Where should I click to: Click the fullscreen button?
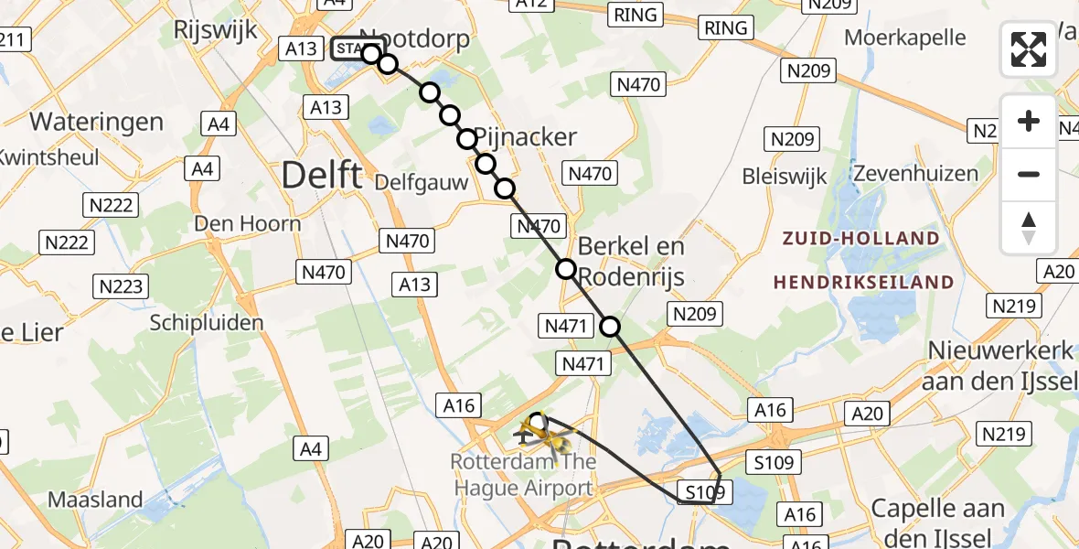coord(1029,49)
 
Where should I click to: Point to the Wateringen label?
coord(97,122)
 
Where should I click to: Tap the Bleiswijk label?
coord(785,175)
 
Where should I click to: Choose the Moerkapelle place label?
coord(905,38)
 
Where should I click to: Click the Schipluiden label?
coord(207,322)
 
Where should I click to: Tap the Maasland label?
coord(96,500)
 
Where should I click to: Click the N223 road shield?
coord(122,286)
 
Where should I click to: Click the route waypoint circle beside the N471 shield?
coord(609,326)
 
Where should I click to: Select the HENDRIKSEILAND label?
coord(862,283)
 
